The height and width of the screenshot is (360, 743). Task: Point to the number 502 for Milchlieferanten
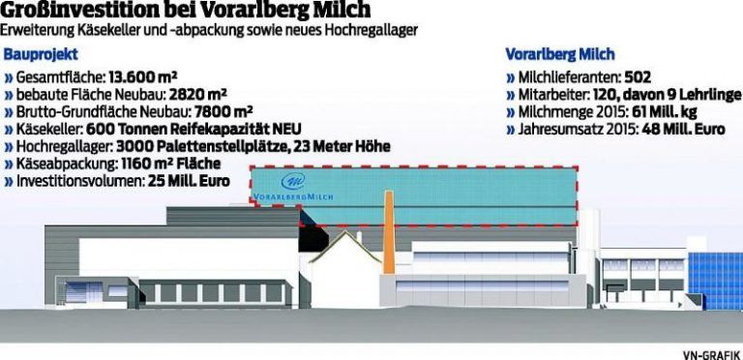[x=665, y=75]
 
